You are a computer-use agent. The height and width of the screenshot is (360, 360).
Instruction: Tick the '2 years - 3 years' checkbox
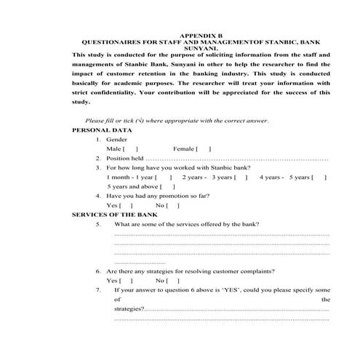[x=241, y=177]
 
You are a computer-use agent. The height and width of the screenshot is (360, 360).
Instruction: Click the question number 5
[x=98, y=225]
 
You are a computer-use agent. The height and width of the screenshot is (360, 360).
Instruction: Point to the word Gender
[x=116, y=138]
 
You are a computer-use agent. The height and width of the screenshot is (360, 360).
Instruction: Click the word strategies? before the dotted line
[x=129, y=309]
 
